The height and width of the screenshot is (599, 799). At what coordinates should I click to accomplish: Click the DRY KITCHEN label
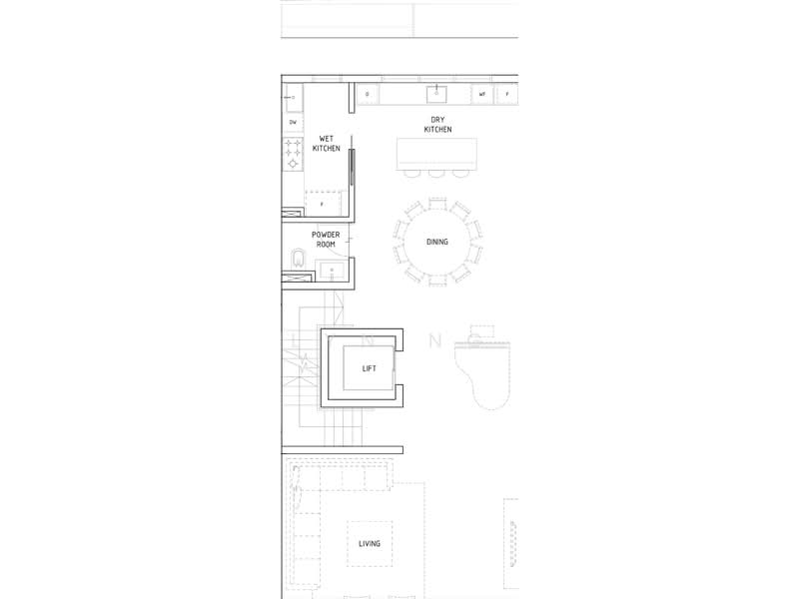coord(437,125)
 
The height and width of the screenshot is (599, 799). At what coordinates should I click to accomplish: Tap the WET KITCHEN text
coord(327,143)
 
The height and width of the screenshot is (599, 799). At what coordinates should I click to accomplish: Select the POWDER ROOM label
coord(326,239)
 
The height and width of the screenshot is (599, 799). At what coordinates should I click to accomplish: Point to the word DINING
coord(437,242)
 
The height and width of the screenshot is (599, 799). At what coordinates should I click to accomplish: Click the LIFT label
coord(369,368)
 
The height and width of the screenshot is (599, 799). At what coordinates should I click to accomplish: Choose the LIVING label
coord(370,543)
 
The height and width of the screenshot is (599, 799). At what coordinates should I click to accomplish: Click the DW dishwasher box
coord(293,122)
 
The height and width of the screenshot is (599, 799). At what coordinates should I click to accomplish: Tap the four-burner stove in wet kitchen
coord(294,153)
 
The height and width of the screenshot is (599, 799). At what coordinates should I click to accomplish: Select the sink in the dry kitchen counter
coord(436,94)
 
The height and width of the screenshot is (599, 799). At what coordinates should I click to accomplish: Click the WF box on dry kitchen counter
coord(482,95)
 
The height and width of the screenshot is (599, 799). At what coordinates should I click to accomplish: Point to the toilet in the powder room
coord(296,263)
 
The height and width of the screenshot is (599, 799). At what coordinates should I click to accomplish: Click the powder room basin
coord(331,269)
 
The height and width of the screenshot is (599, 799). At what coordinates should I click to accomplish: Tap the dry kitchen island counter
coord(437,153)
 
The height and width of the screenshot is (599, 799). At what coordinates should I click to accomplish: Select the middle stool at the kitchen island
coord(436,173)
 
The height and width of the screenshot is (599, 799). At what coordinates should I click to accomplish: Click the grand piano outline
coord(483,374)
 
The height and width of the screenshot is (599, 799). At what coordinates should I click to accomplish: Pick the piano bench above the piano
coord(483,330)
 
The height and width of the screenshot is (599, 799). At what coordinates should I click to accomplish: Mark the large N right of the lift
coord(434,340)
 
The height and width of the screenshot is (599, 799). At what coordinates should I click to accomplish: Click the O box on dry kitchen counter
coord(368,95)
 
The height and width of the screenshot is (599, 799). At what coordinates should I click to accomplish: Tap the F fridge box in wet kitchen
coord(322,204)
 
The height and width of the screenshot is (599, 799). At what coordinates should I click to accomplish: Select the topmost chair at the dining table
coord(437,203)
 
